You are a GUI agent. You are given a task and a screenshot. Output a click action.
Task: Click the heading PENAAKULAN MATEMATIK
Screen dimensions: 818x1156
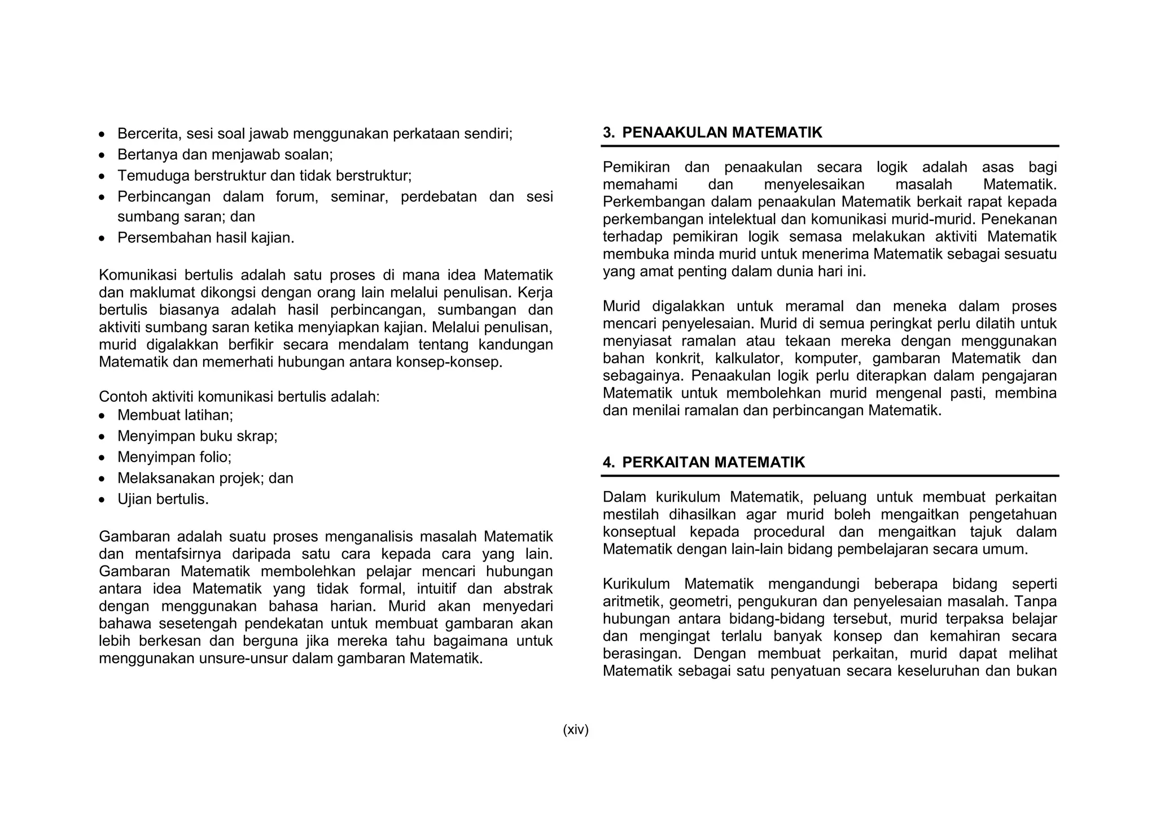(722, 133)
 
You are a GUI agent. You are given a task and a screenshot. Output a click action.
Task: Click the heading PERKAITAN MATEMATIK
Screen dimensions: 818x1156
(713, 463)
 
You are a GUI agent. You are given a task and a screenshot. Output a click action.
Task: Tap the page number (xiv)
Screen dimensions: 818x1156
(575, 730)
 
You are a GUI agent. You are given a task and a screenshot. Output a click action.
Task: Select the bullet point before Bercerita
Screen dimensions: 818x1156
(102, 135)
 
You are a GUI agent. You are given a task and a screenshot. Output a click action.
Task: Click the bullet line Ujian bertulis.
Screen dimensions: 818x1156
(163, 499)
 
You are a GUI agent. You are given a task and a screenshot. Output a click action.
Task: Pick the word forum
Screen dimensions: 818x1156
(296, 197)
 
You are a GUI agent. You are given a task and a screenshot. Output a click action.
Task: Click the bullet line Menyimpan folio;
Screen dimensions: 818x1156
(174, 457)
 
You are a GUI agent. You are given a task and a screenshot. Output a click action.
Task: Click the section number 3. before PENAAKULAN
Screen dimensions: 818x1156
(608, 133)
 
